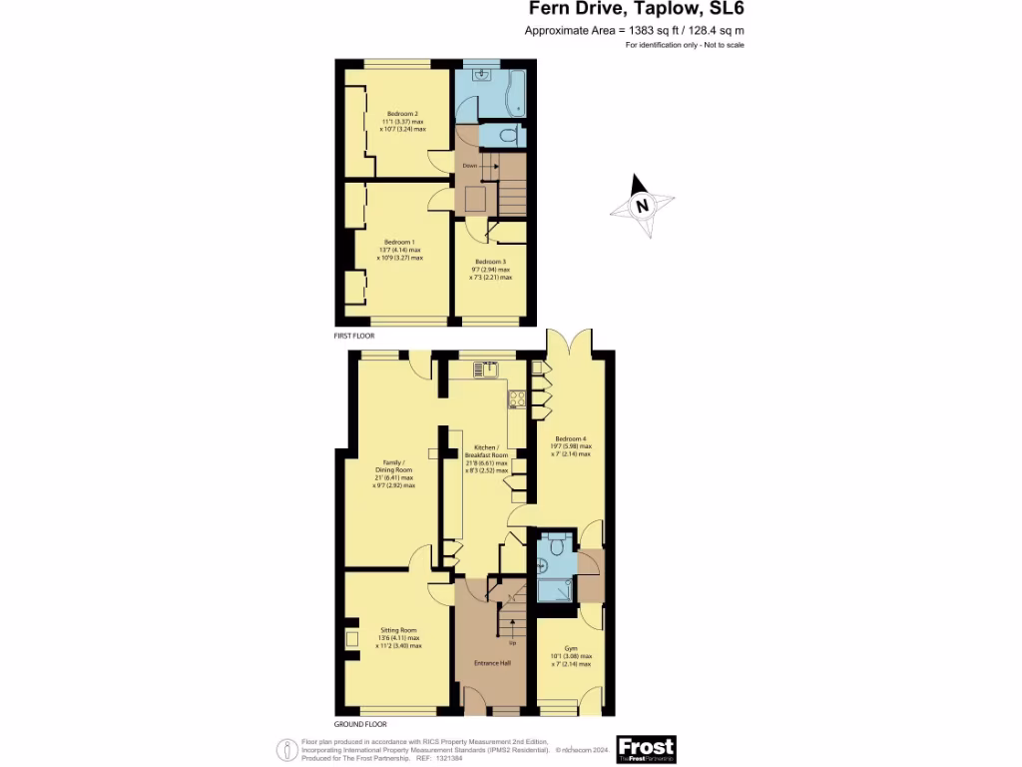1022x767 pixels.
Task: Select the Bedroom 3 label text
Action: pyautogui.click(x=492, y=262)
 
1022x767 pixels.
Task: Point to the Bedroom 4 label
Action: pyautogui.click(x=571, y=438)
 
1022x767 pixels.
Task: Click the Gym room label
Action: pyautogui.click(x=571, y=648)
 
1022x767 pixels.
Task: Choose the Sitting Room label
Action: pyautogui.click(x=398, y=630)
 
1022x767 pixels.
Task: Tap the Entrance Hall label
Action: pyautogui.click(x=491, y=662)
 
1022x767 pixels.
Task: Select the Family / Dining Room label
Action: pyautogui.click(x=394, y=469)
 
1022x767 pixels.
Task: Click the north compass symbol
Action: pyautogui.click(x=642, y=207)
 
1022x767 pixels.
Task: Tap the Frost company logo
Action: pyautogui.click(x=646, y=748)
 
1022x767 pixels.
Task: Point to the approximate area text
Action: pyautogui.click(x=635, y=31)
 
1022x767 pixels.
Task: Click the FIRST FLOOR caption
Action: pyautogui.click(x=356, y=338)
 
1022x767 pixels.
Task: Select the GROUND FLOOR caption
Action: pyautogui.click(x=360, y=724)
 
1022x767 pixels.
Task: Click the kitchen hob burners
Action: pyautogui.click(x=518, y=399)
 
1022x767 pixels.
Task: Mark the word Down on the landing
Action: pyautogui.click(x=468, y=166)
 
